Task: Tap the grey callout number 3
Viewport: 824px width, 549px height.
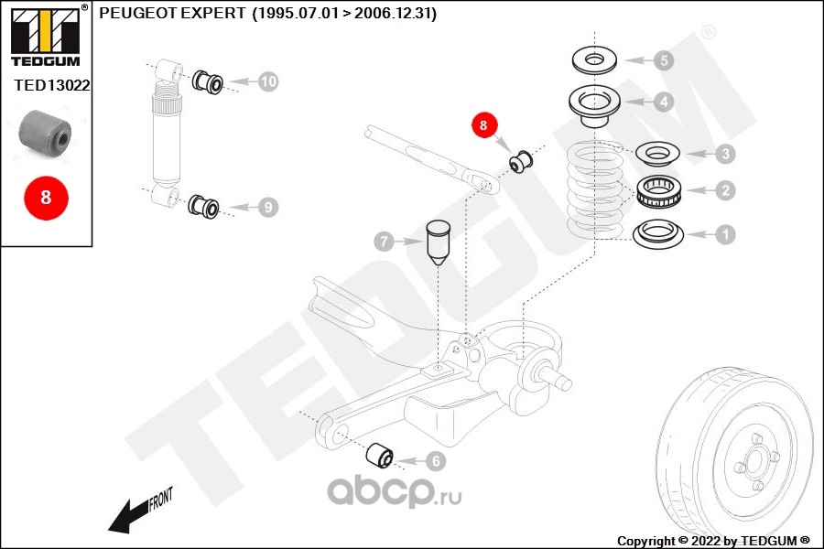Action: [724, 154]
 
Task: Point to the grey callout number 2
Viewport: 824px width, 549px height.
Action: [724, 190]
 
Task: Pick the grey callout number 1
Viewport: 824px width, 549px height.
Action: [724, 235]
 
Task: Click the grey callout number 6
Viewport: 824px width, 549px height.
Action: [435, 462]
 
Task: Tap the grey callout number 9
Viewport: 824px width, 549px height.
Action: [267, 208]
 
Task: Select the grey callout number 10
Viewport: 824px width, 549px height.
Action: [267, 81]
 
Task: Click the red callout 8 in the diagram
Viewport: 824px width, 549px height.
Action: [483, 124]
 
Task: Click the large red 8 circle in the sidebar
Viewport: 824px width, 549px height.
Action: [46, 196]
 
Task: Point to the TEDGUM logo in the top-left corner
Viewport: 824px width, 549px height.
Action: [45, 36]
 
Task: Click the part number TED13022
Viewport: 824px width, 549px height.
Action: [52, 83]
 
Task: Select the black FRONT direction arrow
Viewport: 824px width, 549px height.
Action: [137, 513]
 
